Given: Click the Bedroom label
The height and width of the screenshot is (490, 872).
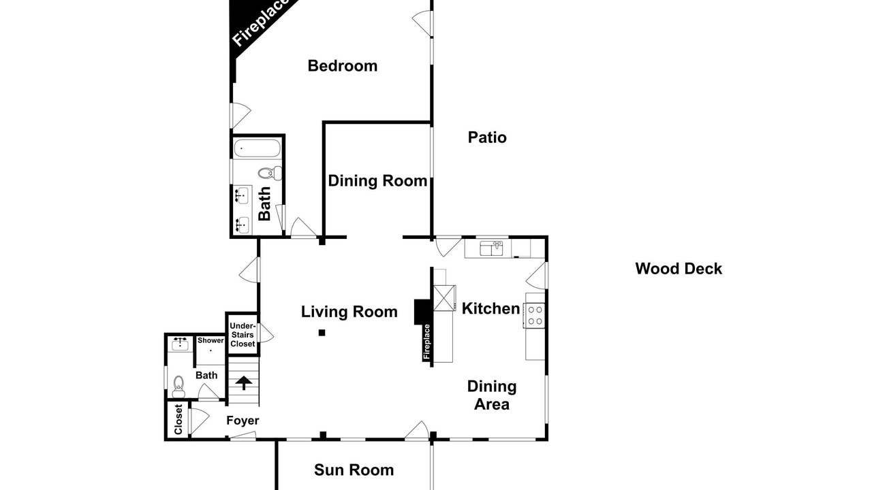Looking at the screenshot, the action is click(343, 66).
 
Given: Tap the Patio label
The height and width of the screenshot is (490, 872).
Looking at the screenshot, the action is click(487, 137).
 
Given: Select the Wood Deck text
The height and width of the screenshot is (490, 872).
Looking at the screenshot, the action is click(679, 269).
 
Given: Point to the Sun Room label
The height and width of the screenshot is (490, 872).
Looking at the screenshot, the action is click(354, 470).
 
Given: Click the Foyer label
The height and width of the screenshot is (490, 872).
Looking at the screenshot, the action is click(243, 421).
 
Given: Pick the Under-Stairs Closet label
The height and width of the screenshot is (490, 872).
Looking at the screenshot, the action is click(243, 335).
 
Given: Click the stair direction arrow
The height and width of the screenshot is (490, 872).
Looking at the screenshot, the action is click(244, 382).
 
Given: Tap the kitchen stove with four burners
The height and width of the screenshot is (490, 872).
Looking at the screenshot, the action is click(535, 315).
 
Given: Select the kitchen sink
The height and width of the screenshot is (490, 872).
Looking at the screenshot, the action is click(491, 248).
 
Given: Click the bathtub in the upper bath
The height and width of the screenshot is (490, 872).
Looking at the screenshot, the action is click(257, 148).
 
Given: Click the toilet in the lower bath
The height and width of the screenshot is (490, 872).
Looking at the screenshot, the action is click(178, 387).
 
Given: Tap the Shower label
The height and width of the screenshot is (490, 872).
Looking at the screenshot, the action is click(211, 341).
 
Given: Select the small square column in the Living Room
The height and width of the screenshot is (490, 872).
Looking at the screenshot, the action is click(322, 333).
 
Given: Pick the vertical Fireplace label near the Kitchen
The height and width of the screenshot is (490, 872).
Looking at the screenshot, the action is click(426, 342).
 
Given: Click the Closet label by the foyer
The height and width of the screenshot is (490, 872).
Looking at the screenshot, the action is click(178, 420).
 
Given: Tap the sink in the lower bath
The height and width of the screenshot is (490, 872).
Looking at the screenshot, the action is click(181, 344).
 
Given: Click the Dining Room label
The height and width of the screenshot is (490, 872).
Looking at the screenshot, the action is click(377, 181).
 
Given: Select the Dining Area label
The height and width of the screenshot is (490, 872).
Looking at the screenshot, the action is click(492, 395).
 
